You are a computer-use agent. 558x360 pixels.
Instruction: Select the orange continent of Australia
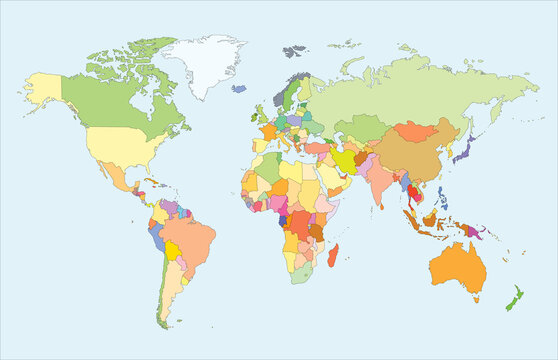point(459,265)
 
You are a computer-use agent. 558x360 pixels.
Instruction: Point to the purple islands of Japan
point(464,151)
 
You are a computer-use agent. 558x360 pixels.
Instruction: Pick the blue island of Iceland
point(239,89)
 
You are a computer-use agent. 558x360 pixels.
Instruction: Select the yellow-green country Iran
point(344,159)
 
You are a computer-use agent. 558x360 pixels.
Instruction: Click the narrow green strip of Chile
point(160,290)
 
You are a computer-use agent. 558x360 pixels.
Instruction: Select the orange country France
point(269,132)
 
